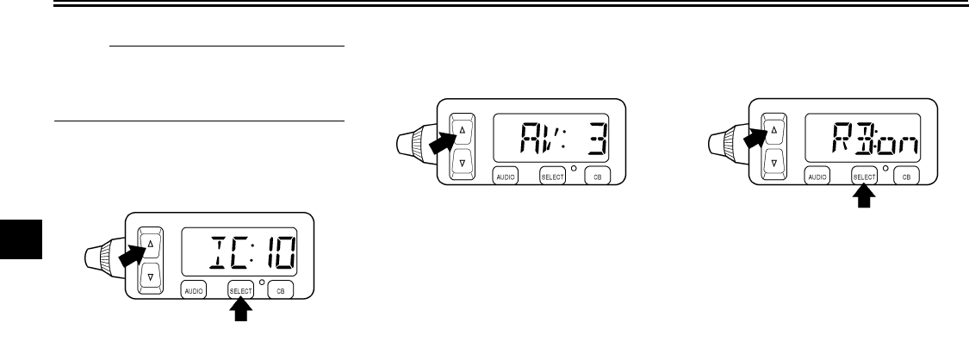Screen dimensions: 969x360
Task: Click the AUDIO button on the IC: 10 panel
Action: [x=193, y=291]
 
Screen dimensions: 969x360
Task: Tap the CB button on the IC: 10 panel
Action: [x=281, y=291]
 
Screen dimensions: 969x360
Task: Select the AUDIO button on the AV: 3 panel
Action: [x=505, y=177]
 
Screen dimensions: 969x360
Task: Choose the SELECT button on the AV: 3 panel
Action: [x=551, y=177]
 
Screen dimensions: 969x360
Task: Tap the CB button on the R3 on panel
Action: [x=905, y=177]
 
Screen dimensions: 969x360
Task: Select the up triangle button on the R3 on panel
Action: [x=773, y=129]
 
